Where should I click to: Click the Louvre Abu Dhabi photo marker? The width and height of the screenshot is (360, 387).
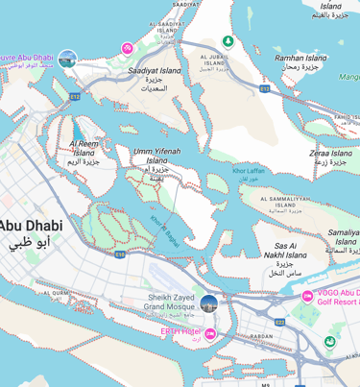[x=67, y=60]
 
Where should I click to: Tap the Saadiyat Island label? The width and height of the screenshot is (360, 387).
[x=156, y=71]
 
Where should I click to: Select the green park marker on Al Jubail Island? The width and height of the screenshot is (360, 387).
[x=228, y=41]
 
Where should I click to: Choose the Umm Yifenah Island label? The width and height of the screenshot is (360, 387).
[x=156, y=156]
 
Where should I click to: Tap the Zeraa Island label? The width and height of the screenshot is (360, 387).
[x=330, y=153]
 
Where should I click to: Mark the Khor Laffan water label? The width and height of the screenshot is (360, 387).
[x=248, y=170]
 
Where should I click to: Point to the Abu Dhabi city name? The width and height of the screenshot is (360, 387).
[x=31, y=225]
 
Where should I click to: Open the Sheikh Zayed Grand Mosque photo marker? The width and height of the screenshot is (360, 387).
[x=208, y=304]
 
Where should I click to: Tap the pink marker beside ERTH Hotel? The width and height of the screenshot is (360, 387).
[x=209, y=333]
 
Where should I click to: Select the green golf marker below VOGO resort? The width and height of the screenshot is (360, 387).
[x=329, y=341]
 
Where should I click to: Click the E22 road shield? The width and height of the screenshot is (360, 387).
[x=279, y=323]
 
